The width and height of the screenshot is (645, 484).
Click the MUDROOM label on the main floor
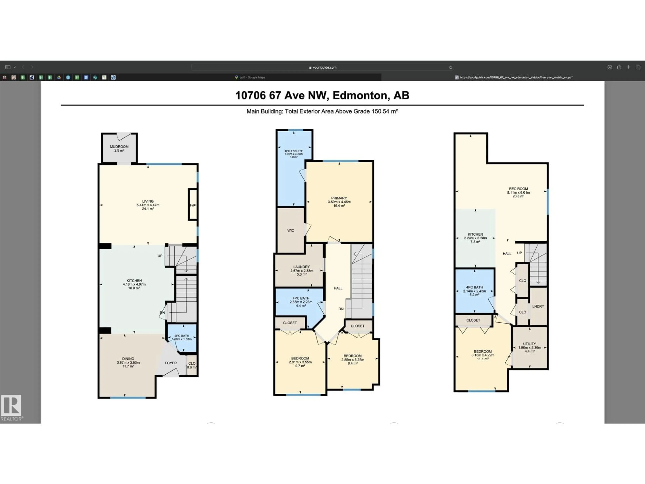click(x=119, y=146)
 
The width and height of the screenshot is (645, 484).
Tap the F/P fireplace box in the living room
click(x=192, y=205)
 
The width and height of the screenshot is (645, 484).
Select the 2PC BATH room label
click(x=182, y=336)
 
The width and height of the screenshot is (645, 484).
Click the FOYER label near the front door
click(x=171, y=363)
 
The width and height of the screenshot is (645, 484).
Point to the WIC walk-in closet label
click(x=290, y=230)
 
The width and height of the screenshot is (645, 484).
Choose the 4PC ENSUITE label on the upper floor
click(x=294, y=151)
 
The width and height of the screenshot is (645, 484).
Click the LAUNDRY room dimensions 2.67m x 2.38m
click(x=302, y=270)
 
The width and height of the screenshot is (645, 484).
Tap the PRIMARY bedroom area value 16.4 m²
click(x=339, y=206)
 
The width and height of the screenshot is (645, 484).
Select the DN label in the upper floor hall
click(x=341, y=309)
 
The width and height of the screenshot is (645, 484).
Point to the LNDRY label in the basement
click(x=538, y=306)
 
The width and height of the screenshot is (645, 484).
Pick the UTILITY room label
click(x=529, y=344)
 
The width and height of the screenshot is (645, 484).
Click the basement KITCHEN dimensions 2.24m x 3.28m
click(x=475, y=238)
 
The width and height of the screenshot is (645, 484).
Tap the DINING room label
click(x=128, y=359)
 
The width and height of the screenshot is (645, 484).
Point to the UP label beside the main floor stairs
click(x=160, y=256)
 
